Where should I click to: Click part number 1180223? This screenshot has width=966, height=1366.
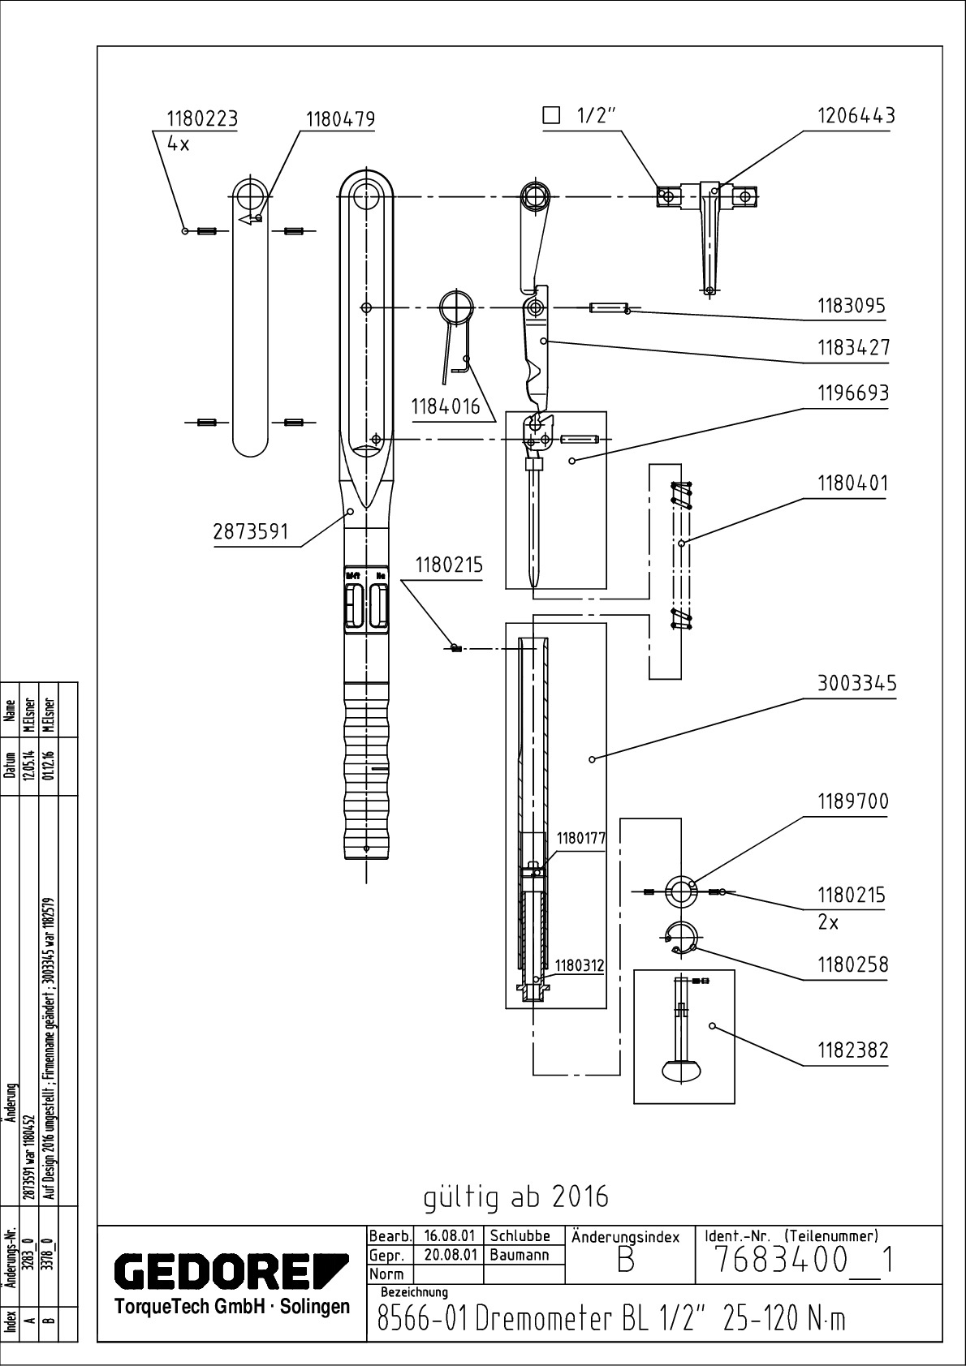[202, 119]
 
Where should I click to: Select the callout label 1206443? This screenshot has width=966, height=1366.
[856, 116]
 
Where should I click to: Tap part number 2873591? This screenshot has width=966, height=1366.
[252, 532]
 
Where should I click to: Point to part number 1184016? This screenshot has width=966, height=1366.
[446, 406]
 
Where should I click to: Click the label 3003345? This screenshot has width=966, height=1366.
[856, 683]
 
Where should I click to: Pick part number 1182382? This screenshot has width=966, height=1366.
[852, 1050]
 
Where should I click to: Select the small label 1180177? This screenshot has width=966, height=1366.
[580, 839]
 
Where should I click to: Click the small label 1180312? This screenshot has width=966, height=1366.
[580, 965]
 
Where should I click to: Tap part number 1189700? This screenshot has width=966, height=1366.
[852, 801]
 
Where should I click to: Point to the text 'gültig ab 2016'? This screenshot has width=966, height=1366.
[515, 1196]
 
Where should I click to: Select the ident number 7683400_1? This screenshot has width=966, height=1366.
[804, 1261]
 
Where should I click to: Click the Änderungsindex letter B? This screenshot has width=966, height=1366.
[625, 1262]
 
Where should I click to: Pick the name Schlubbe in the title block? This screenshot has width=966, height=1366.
[520, 1236]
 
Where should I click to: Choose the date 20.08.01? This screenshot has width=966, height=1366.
[449, 1254]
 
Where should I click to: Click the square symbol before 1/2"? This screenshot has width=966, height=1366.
[551, 115]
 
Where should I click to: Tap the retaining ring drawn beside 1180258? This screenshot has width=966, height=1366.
[679, 937]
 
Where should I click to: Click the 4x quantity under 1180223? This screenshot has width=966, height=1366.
[178, 144]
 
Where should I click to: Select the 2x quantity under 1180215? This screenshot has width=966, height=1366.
[828, 922]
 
